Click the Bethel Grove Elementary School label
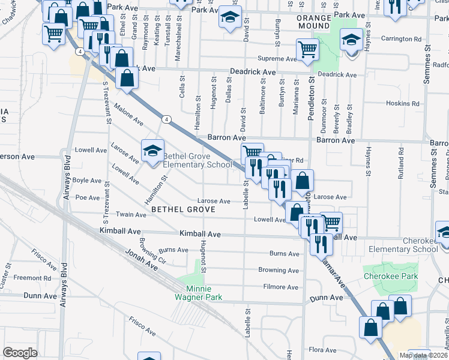(197, 160)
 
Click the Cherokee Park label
(382, 277)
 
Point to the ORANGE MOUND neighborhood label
(314, 22)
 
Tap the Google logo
(20, 352)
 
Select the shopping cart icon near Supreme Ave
(307, 50)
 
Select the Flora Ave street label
(322, 349)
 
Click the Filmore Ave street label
(281, 287)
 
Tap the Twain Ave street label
(131, 214)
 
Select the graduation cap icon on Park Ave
(229, 18)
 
